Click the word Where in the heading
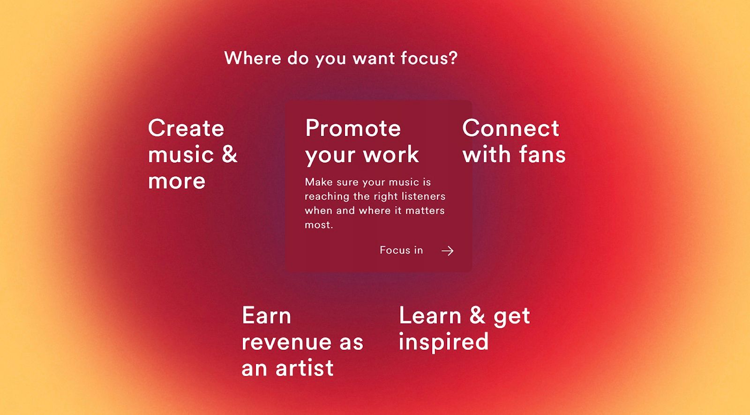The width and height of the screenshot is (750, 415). point(253,58)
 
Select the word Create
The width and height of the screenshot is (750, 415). point(186,128)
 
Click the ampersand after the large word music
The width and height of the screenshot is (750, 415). point(229,154)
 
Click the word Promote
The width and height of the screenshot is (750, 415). point(353,128)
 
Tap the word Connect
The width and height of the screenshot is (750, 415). point(510,128)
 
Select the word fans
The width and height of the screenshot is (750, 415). point(542,154)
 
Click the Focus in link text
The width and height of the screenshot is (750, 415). point(401,250)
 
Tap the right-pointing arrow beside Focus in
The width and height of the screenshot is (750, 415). point(447,250)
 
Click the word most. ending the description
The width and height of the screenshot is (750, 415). point(319,225)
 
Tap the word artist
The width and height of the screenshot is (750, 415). point(304,368)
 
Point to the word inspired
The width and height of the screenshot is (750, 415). point(443,342)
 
